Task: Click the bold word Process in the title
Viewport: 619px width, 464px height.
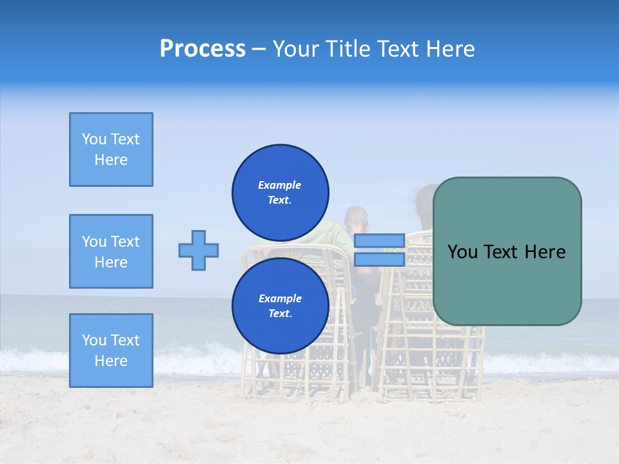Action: pyautogui.click(x=202, y=49)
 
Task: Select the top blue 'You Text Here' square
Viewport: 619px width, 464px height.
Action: pyautogui.click(x=111, y=150)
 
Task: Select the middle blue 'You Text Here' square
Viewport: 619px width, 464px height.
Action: pyautogui.click(x=111, y=251)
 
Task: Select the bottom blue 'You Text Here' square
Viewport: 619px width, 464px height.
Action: pyautogui.click(x=111, y=351)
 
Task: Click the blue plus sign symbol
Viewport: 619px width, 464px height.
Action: pyautogui.click(x=199, y=250)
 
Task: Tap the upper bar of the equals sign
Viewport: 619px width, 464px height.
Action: pyautogui.click(x=379, y=241)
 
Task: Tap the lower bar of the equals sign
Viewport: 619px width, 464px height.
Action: pyautogui.click(x=379, y=260)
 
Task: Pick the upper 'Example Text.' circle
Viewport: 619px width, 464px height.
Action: pyautogui.click(x=280, y=192)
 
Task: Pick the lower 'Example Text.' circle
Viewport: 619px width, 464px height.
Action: pyautogui.click(x=280, y=305)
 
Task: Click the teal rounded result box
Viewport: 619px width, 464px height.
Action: pyautogui.click(x=507, y=251)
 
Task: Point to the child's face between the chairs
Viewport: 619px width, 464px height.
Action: pyautogui.click(x=357, y=222)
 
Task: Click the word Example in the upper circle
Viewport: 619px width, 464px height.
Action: pyautogui.click(x=280, y=185)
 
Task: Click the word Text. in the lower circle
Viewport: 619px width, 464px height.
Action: pyautogui.click(x=280, y=313)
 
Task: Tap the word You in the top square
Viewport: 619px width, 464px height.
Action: pyautogui.click(x=94, y=139)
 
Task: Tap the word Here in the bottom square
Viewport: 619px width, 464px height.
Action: pyautogui.click(x=111, y=361)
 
